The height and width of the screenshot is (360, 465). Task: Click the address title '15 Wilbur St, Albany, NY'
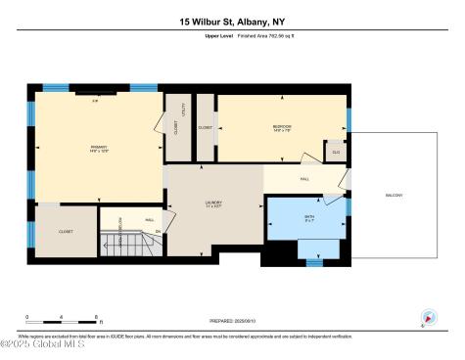pos(232,21)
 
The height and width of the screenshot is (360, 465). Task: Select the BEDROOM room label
pos(284,128)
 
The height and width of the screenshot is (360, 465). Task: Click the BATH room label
pos(308,217)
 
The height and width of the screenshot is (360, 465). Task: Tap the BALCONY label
pos(394,196)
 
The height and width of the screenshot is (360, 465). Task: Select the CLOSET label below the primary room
pos(66,232)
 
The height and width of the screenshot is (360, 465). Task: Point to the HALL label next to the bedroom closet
pos(304,179)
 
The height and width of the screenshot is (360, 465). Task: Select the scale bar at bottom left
pos(62,320)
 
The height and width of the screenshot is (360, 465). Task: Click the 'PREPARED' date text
pos(232,320)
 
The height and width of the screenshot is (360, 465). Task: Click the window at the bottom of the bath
pos(314,261)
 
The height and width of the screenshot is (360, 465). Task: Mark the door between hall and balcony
pos(348,179)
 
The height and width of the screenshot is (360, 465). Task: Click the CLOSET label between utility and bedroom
pos(205,128)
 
